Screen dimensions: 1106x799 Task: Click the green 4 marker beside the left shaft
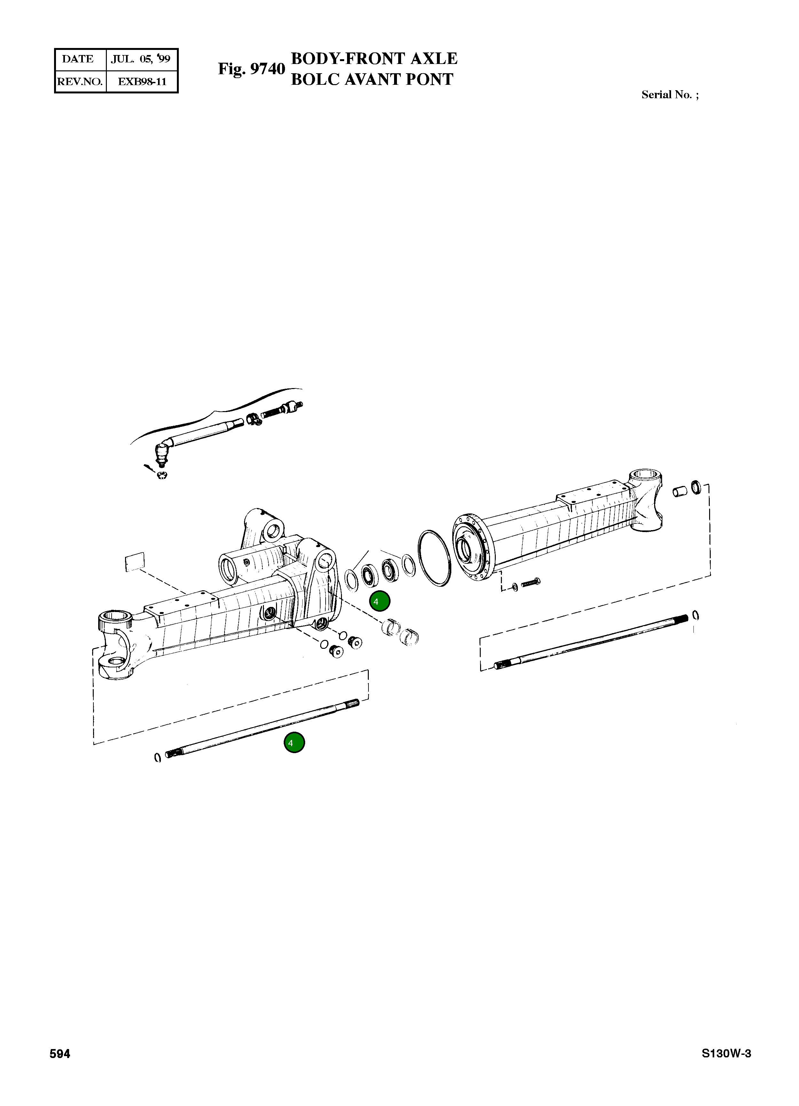point(294,743)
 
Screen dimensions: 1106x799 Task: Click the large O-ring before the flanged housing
point(434,558)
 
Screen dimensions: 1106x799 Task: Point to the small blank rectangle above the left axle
point(135,562)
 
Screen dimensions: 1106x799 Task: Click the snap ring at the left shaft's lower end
point(157,758)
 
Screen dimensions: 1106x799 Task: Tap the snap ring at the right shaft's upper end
point(696,616)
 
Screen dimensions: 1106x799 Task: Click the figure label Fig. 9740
point(251,69)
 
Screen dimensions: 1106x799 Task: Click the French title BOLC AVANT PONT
point(372,79)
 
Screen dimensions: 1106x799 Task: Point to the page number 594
point(60,1054)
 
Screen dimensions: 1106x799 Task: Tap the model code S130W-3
point(726,1054)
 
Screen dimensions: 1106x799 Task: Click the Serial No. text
point(669,95)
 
